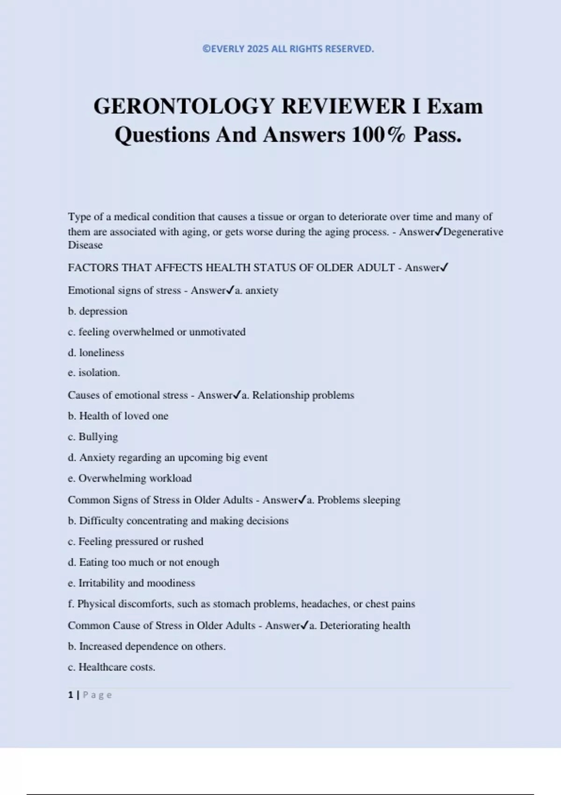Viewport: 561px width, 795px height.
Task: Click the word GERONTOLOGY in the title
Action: point(184,106)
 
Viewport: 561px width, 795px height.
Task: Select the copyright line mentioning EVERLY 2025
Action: point(288,49)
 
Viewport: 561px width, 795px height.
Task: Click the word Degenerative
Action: point(473,232)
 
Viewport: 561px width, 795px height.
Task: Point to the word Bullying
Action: point(98,437)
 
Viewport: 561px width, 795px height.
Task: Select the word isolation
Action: point(99,373)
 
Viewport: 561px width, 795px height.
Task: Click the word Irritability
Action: point(101,583)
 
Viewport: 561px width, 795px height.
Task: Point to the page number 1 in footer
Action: point(71,695)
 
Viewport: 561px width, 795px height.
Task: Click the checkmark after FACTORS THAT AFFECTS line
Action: point(445,267)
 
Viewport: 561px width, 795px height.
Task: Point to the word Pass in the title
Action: point(437,135)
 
